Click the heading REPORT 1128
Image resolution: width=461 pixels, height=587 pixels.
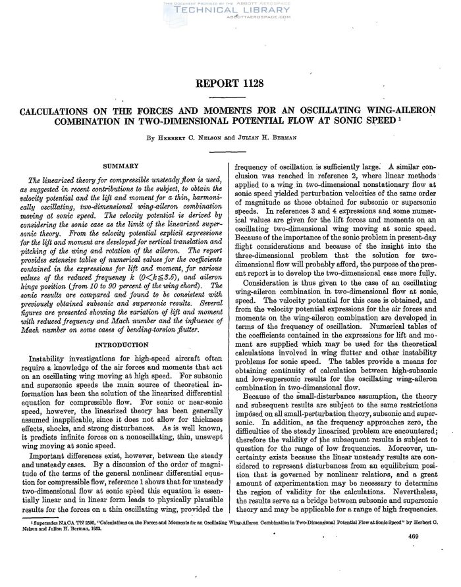pyautogui.click(x=230, y=83)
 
